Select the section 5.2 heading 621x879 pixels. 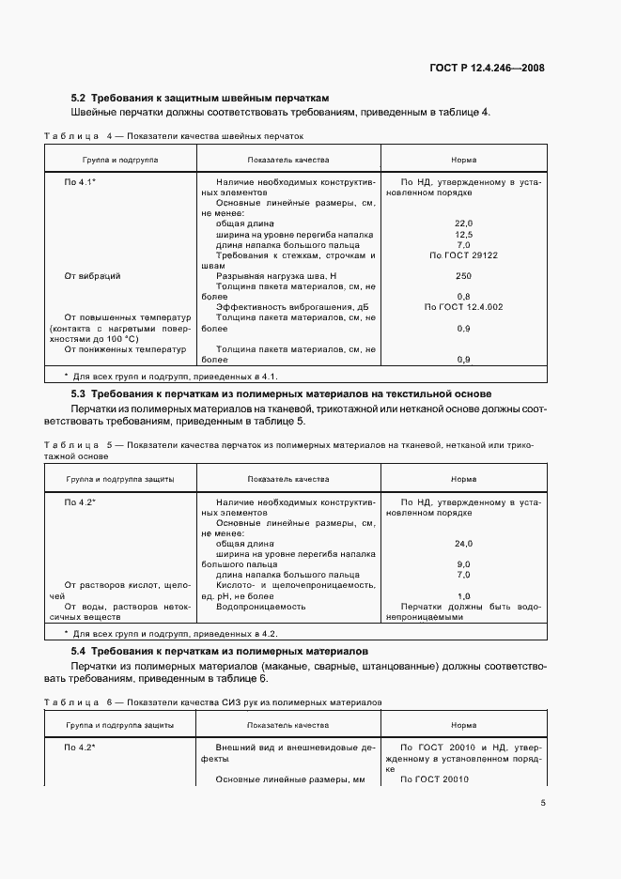coord(201,98)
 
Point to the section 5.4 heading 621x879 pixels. coord(220,651)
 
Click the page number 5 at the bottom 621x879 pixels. coord(543,803)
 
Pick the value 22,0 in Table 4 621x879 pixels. coord(463,223)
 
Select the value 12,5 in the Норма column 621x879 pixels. coord(463,234)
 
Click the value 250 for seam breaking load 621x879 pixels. coord(463,276)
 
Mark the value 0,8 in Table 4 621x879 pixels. coord(463,297)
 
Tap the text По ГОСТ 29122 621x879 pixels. coord(463,254)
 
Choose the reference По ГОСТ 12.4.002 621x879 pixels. coord(463,307)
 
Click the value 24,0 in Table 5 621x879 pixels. coord(463,544)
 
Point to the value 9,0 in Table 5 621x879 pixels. coord(463,564)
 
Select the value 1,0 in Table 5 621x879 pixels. coord(463,596)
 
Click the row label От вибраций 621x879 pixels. coord(92,276)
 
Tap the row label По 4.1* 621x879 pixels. coord(81,180)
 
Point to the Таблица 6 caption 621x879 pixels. coord(212,702)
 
